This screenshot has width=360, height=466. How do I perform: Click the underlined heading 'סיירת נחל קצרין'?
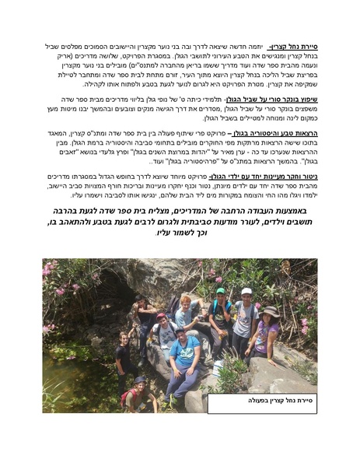[x=296, y=47]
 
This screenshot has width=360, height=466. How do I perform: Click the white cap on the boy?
[x=246, y=292]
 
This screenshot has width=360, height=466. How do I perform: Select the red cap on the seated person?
[x=161, y=317]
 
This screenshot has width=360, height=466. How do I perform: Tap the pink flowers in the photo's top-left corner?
[x=54, y=272]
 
